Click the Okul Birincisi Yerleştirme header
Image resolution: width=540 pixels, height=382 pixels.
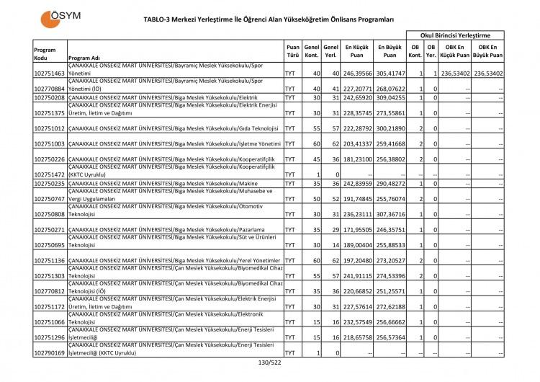point(455,35)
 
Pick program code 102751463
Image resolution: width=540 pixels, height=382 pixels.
point(49,74)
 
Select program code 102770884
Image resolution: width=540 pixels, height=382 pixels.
point(49,89)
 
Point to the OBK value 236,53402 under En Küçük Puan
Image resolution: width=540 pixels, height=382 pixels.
point(455,74)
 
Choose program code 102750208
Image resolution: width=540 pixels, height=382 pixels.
point(49,97)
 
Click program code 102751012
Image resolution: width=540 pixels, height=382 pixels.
point(49,128)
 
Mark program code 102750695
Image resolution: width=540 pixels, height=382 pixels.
point(49,245)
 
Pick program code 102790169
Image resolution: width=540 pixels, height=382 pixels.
point(49,353)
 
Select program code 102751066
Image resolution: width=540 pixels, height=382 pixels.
point(49,322)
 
